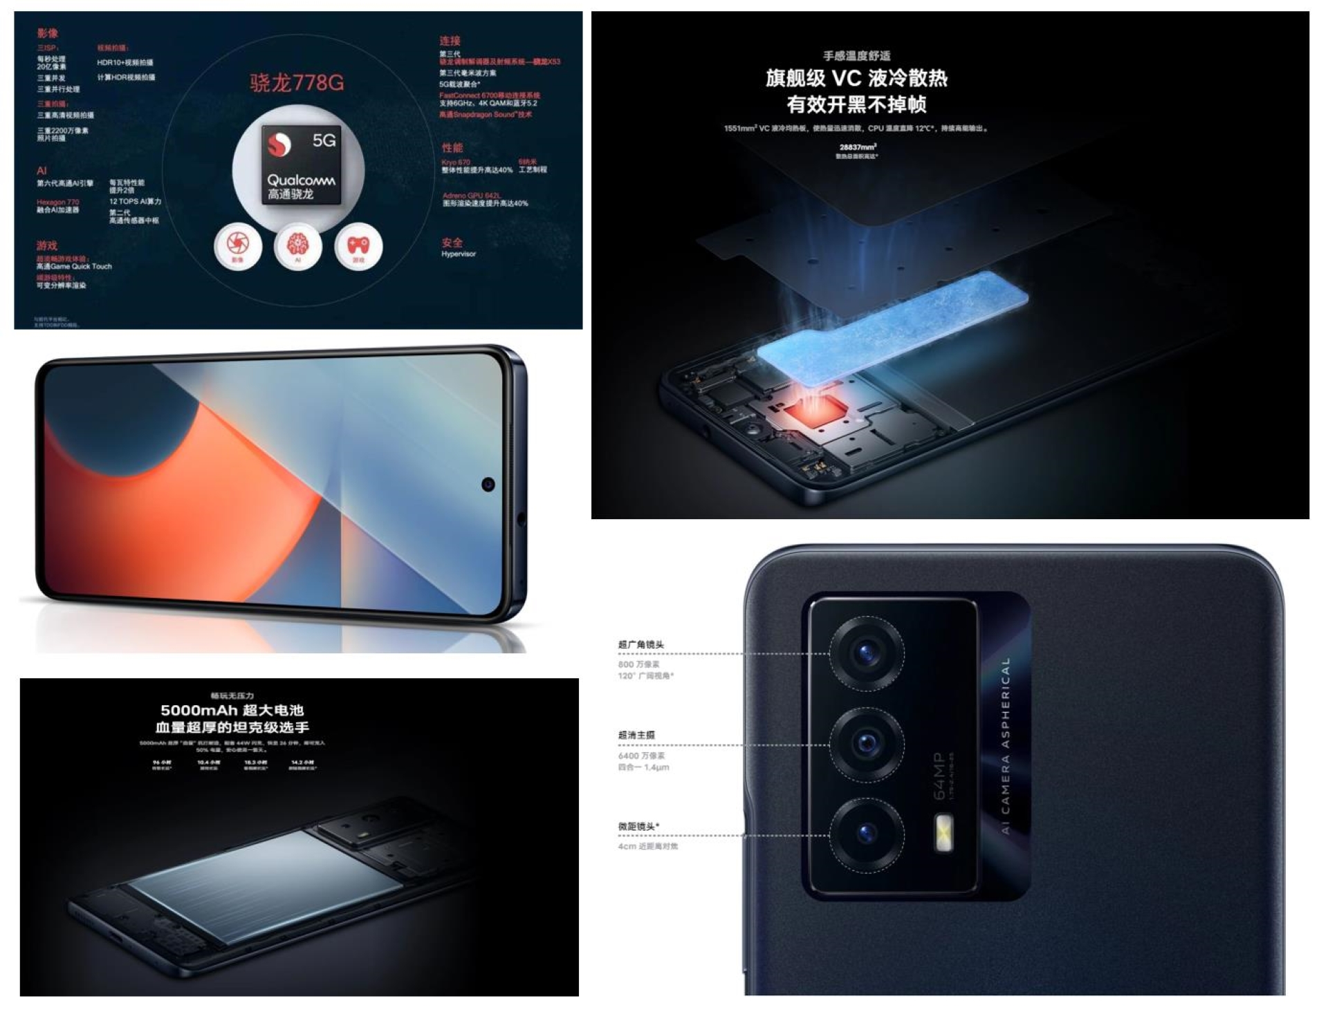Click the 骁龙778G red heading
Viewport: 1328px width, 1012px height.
pos(297,83)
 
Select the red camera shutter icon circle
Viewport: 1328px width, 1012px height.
pos(237,245)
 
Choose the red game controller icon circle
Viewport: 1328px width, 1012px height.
pos(358,246)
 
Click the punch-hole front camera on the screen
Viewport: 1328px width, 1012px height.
pos(488,484)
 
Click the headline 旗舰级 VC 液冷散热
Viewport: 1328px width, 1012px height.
pos(856,78)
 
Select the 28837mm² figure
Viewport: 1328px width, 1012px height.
pos(858,147)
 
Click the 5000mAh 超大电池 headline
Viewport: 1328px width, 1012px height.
pos(232,710)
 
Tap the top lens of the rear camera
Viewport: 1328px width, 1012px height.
pos(866,652)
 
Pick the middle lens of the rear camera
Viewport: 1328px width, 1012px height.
pos(866,744)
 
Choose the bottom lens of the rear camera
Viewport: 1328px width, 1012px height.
pos(866,834)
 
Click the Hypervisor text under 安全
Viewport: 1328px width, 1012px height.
pos(459,254)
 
